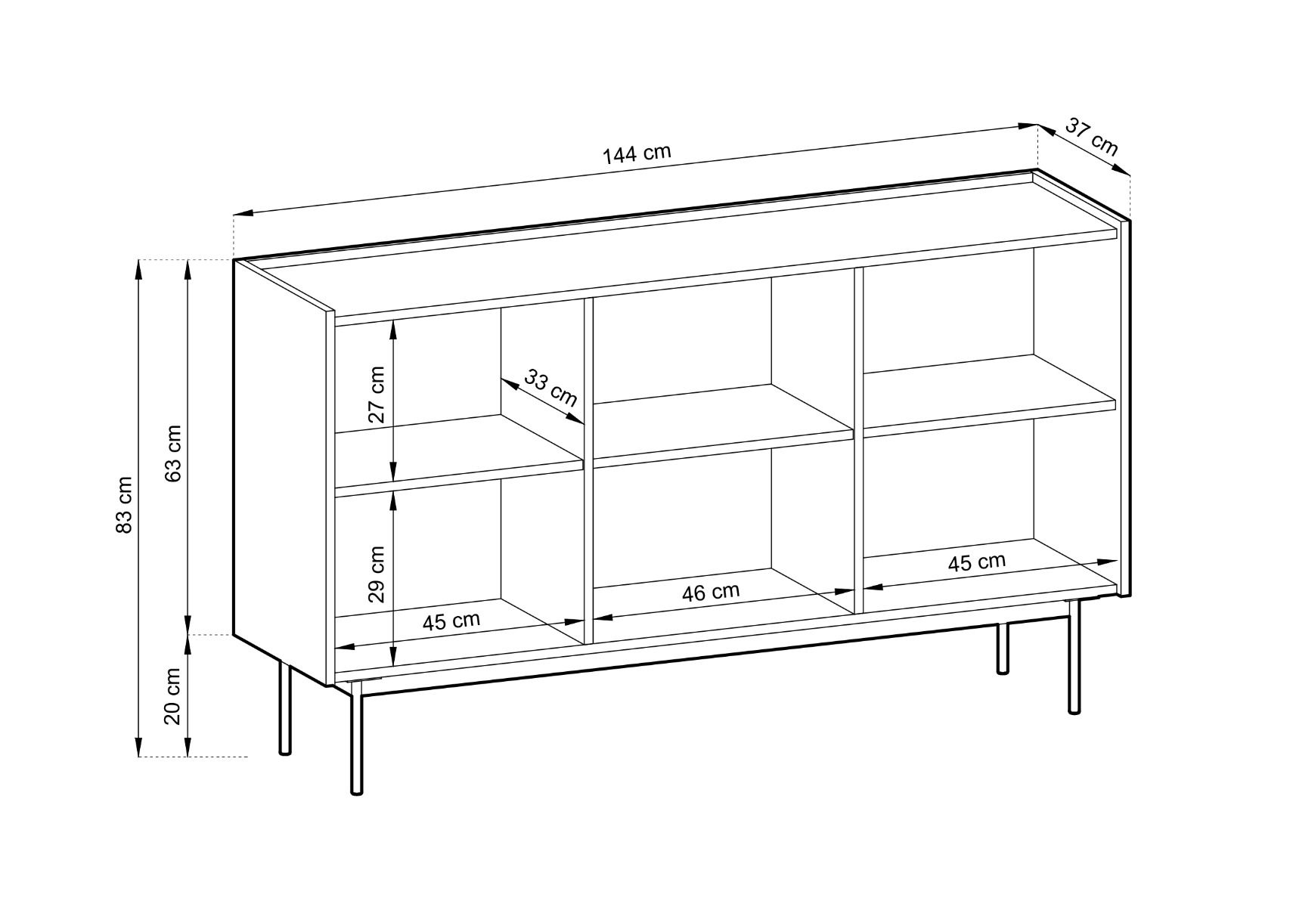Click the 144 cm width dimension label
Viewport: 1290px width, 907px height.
tap(637, 154)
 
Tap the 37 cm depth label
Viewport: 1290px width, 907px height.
tap(1090, 136)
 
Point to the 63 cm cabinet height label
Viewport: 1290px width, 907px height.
tap(172, 453)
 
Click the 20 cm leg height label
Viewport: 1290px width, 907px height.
tap(172, 696)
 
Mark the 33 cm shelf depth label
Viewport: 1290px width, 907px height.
tap(550, 388)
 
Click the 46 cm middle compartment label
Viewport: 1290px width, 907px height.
tap(711, 593)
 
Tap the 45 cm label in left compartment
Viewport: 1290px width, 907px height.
tap(451, 621)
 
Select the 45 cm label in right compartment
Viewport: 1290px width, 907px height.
tap(977, 562)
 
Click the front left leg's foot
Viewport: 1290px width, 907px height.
tap(357, 791)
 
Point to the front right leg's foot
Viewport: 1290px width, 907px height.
tap(1074, 710)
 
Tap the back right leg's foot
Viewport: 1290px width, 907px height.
tap(1003, 670)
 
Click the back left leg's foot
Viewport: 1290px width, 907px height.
tap(285, 751)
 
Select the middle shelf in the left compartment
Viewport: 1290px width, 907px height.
tap(458, 455)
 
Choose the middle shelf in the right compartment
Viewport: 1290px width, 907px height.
tap(989, 395)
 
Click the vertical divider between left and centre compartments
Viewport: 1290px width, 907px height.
tap(588, 470)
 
